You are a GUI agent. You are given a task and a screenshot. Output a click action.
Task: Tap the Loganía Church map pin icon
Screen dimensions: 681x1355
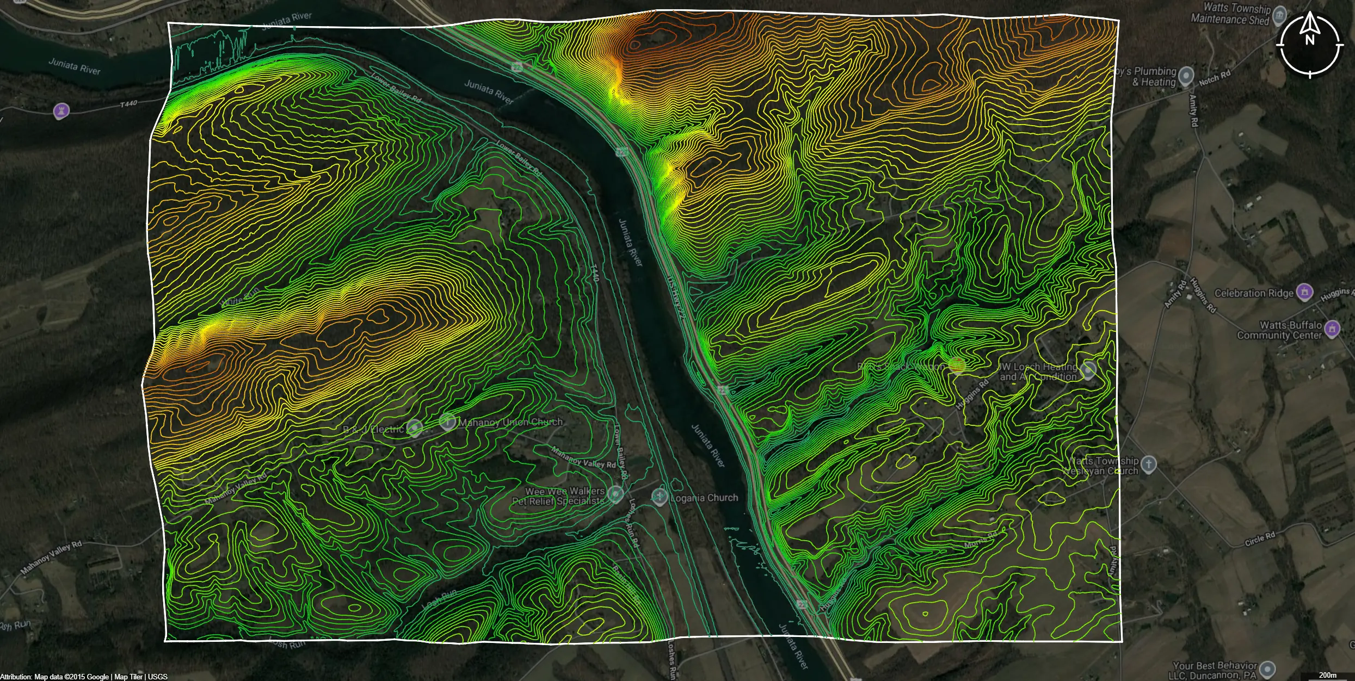[660, 497]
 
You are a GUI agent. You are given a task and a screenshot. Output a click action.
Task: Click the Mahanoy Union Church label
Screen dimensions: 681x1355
[510, 422]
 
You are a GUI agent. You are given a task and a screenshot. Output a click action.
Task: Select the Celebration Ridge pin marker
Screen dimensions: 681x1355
[1304, 292]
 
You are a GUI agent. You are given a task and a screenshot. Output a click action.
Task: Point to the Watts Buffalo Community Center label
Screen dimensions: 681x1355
[1279, 330]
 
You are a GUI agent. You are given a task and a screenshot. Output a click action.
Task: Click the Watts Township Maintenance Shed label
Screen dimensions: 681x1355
[1230, 14]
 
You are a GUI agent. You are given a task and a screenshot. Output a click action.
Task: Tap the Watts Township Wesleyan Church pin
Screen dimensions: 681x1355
[1148, 464]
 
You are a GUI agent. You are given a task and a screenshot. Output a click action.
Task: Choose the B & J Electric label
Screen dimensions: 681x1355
[373, 429]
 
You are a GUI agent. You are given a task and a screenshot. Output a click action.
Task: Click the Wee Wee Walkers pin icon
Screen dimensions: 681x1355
[615, 494]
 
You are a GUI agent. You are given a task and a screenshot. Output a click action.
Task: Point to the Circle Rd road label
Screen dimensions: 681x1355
[1260, 539]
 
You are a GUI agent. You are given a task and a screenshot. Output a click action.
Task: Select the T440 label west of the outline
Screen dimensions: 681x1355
[128, 103]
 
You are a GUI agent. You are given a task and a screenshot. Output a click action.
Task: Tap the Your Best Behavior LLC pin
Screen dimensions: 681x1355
[1267, 668]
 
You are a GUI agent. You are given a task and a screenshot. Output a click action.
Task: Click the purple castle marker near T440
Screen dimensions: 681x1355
[61, 111]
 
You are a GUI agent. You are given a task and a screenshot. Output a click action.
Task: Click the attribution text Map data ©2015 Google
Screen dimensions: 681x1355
[71, 677]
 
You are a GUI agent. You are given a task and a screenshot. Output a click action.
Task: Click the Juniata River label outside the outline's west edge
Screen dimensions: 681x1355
[75, 66]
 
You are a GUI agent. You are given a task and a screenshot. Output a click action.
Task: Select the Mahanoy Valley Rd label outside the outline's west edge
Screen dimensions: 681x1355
[51, 558]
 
